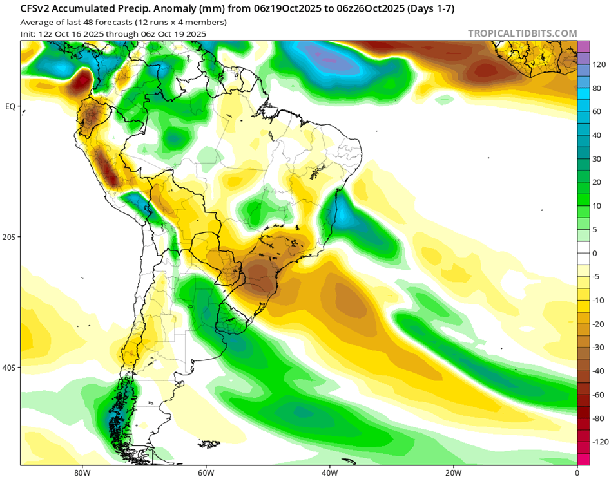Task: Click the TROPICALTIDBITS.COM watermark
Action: [x=522, y=33]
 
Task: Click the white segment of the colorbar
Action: [x=583, y=253]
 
